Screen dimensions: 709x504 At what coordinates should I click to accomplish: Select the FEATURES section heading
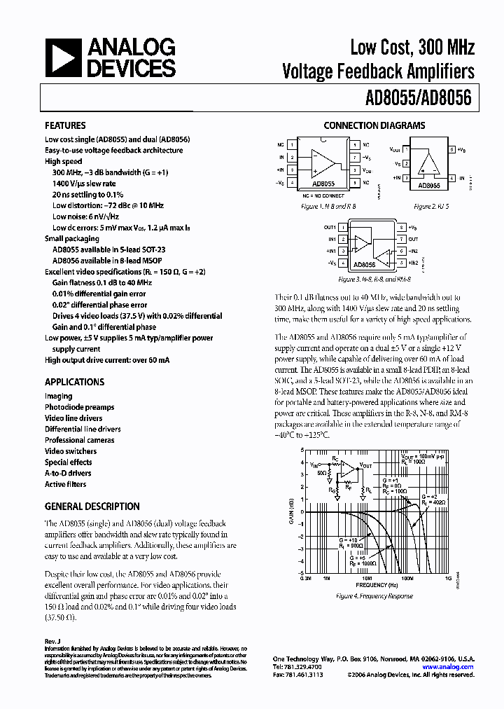coord(66,126)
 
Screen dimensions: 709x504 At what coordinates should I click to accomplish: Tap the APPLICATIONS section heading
coord(74,382)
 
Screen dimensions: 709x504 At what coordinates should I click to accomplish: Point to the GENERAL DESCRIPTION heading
coord(92,507)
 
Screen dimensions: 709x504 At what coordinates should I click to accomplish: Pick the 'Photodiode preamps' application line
coord(79,407)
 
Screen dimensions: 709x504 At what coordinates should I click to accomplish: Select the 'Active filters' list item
coord(65,484)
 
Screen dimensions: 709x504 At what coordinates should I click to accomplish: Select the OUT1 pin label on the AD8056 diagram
coord(330,228)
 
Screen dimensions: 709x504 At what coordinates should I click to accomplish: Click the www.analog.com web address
coord(449,668)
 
